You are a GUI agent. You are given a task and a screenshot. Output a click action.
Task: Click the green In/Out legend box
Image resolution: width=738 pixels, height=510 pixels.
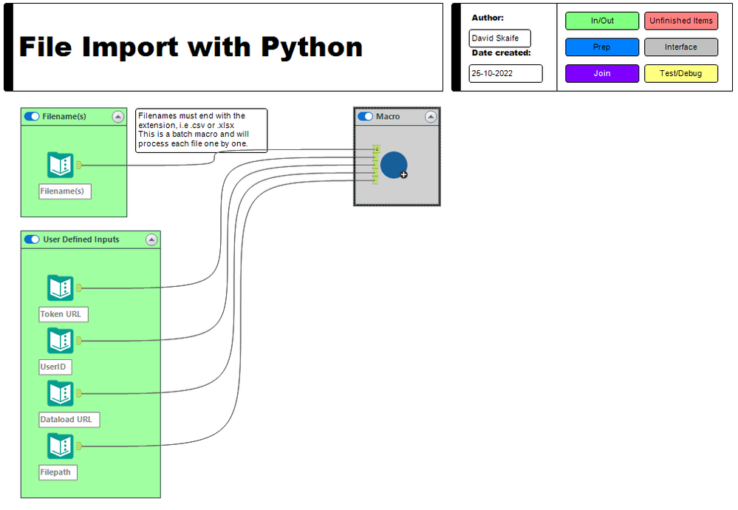tap(602, 21)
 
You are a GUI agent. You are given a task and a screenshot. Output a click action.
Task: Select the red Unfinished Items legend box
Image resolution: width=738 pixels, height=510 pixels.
tap(680, 21)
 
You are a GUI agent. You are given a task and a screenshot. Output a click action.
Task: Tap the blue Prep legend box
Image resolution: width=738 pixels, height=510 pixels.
tap(602, 47)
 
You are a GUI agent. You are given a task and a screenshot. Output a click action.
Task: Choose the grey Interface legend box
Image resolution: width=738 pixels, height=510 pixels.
tap(680, 47)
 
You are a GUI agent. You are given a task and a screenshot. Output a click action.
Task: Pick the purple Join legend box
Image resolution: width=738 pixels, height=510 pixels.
tap(602, 73)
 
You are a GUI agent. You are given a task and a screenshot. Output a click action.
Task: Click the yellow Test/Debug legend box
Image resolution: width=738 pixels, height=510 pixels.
tap(680, 73)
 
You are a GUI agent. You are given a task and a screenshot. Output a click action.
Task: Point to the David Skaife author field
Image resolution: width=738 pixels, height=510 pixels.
tap(499, 38)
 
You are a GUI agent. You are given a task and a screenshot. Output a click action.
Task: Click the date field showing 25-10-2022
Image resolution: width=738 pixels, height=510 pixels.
tap(505, 73)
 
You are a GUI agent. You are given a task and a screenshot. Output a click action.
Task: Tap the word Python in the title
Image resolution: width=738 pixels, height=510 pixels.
tap(312, 47)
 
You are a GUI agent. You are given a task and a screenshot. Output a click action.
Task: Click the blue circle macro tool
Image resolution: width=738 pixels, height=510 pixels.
tap(394, 165)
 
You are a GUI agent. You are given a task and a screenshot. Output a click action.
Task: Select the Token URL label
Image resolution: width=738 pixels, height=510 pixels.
tap(64, 314)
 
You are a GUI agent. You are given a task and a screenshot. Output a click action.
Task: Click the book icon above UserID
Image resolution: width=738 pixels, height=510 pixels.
tap(61, 341)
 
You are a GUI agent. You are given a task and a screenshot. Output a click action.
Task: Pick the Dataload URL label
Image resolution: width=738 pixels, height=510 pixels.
tap(69, 419)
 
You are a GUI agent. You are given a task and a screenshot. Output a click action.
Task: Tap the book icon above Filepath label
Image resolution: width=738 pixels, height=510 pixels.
tap(61, 446)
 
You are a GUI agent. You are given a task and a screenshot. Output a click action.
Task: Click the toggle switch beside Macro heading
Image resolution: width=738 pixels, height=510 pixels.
tap(365, 117)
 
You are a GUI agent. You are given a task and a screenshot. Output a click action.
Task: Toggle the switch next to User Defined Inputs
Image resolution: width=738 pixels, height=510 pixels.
tap(32, 239)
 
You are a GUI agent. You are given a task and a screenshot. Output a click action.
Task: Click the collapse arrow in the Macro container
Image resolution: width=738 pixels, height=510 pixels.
tap(430, 117)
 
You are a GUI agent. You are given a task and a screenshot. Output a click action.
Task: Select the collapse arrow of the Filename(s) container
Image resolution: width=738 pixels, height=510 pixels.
tap(117, 117)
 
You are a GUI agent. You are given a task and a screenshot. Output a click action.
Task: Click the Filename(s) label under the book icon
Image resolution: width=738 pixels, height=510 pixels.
tap(65, 191)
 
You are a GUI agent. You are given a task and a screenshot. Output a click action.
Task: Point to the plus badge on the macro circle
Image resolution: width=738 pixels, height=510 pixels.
tap(403, 174)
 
